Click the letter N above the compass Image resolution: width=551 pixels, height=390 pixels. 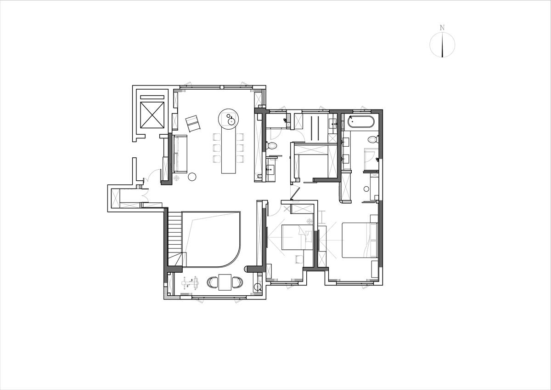442,28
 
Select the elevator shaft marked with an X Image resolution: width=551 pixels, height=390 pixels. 152,115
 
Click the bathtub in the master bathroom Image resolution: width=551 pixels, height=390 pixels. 361,122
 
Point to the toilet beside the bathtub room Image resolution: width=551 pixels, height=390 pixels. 373,139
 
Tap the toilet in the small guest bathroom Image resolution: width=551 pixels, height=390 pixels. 271,146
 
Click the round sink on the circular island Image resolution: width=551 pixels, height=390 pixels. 231,121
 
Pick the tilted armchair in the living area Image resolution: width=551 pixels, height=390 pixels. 193,123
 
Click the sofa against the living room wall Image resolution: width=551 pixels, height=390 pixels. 180,154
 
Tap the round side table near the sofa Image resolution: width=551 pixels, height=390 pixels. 192,177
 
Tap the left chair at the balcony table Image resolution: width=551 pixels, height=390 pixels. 213,282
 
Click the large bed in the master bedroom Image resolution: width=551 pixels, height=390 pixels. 360,240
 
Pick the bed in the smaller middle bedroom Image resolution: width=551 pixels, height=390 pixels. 297,237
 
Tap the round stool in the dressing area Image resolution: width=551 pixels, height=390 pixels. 366,189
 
